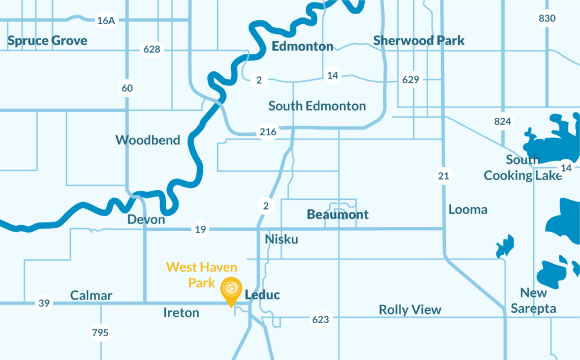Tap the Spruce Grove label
(x=48, y=41)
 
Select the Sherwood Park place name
(x=419, y=41)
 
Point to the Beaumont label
(x=338, y=215)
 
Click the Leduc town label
(x=262, y=295)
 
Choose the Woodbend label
(x=148, y=140)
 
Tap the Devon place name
(x=146, y=219)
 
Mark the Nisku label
(x=282, y=239)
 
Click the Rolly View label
(x=410, y=310)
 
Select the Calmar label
(x=91, y=295)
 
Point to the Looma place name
(x=468, y=209)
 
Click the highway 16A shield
(x=106, y=20)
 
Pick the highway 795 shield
(x=100, y=332)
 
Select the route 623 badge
(x=321, y=320)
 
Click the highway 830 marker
(x=547, y=18)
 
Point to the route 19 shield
(x=201, y=229)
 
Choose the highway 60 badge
(x=127, y=88)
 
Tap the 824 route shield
(x=502, y=121)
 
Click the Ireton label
(x=181, y=312)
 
